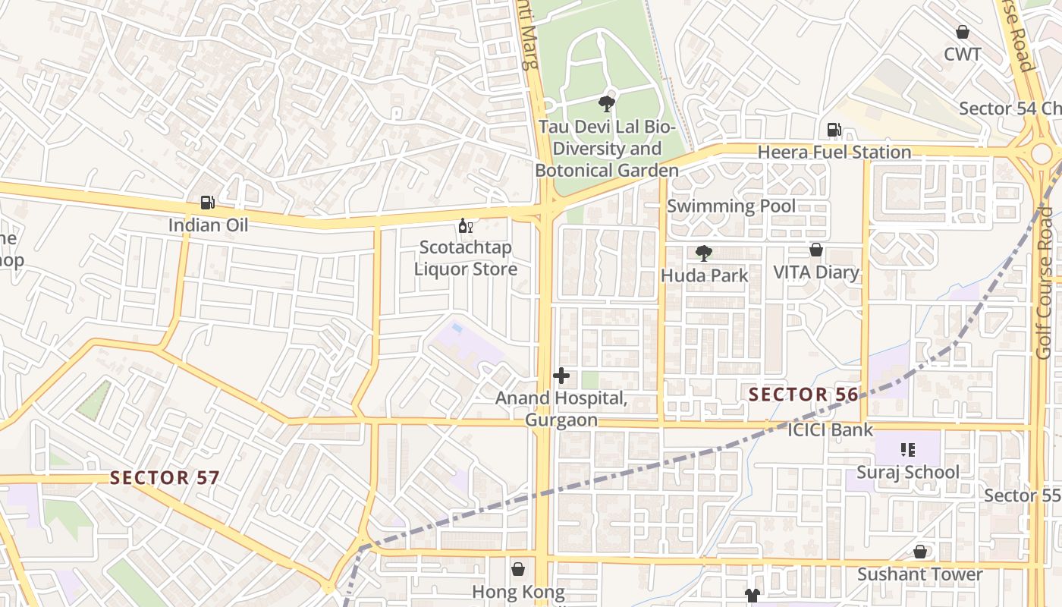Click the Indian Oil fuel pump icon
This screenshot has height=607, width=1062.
(207, 203)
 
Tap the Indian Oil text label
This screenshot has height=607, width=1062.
(208, 225)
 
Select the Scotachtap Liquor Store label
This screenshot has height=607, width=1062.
(465, 258)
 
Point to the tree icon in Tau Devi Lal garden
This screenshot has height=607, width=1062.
(606, 104)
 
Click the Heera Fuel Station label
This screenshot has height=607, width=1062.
(834, 152)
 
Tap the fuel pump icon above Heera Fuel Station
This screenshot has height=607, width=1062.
(834, 130)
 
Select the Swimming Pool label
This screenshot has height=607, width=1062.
(731, 206)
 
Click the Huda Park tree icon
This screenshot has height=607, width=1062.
(704, 253)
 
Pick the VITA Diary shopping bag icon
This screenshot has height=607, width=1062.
(816, 250)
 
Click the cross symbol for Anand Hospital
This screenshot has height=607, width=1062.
(561, 376)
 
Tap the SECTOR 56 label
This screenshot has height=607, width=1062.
(803, 395)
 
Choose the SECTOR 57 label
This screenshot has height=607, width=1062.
(165, 478)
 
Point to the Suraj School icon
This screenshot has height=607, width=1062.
(908, 450)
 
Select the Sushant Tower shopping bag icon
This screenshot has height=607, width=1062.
(920, 552)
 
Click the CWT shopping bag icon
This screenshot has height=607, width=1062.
(963, 32)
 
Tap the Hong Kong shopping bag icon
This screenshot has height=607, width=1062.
(518, 569)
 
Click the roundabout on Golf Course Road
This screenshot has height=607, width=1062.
(1042, 153)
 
